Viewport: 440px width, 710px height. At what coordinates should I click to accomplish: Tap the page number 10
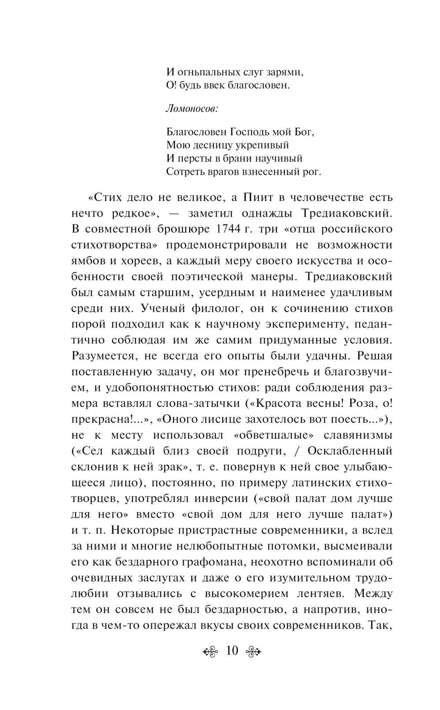(x=232, y=650)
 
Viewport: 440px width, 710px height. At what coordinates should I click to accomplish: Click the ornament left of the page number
(x=211, y=651)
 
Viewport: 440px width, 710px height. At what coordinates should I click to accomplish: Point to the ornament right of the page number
(x=253, y=651)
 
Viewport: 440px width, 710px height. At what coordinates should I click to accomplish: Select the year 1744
(x=218, y=229)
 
